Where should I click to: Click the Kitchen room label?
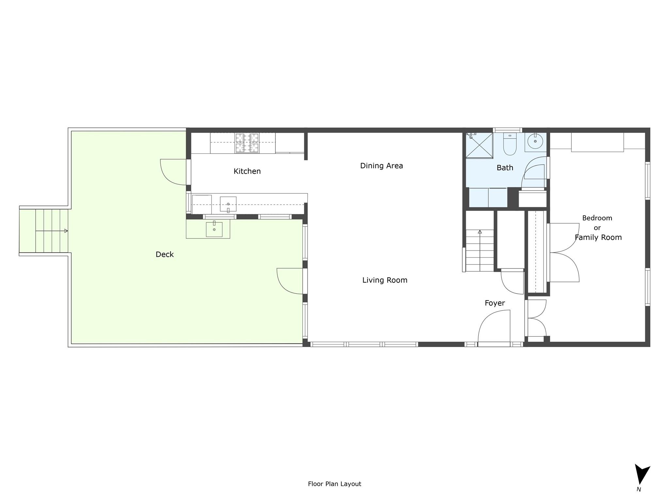coord(247,171)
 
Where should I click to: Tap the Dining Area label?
coord(381,166)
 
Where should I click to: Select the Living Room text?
coord(384,280)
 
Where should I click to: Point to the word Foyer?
coord(495,303)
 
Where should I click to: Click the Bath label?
coord(505,168)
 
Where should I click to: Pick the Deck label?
coord(164,254)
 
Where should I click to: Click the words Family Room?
coord(598,237)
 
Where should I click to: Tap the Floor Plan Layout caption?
coord(334,484)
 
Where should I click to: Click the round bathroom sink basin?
coord(535,142)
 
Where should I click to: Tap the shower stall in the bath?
coord(479,145)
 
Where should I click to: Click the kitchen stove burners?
coord(247,143)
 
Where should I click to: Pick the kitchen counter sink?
coord(228,204)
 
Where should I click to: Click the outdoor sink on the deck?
coord(214,229)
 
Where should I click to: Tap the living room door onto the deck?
coord(290,281)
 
